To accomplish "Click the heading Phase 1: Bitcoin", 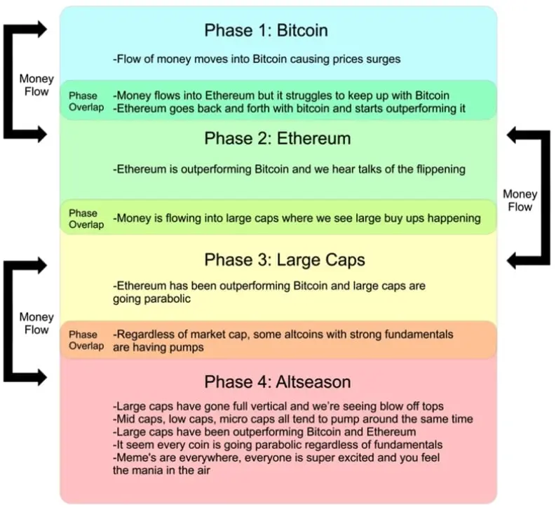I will tap(266, 31).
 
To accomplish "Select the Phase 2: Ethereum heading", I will tap(277, 139).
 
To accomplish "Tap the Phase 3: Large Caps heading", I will tap(285, 260).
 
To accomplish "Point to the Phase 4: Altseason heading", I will tap(277, 382).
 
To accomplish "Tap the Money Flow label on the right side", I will tap(520, 201).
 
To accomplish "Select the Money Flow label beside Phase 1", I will tap(36, 86).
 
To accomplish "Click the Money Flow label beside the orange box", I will tap(36, 323).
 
